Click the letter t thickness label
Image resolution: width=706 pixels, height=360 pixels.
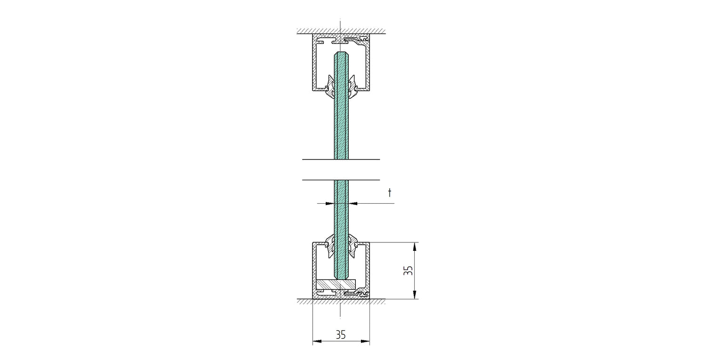(x=390, y=192)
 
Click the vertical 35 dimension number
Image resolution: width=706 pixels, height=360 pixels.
(x=408, y=271)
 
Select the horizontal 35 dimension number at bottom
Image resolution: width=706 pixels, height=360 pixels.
(x=341, y=335)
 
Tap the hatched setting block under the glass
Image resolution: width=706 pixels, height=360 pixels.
(x=336, y=284)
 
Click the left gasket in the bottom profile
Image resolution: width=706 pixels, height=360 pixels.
(x=329, y=246)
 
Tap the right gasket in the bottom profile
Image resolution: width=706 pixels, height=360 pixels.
(x=353, y=246)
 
